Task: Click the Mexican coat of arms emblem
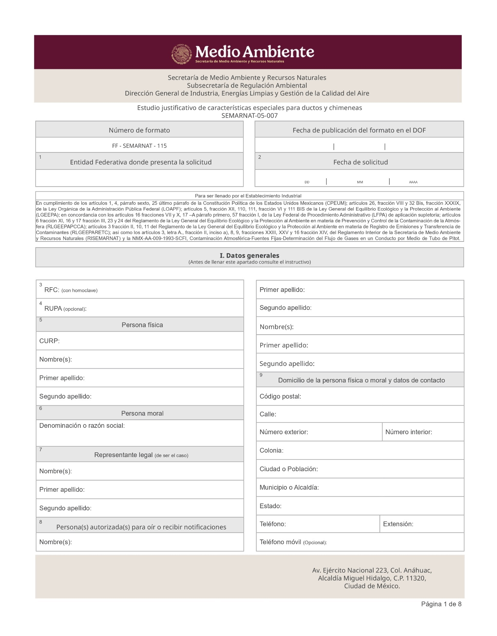point(182,54)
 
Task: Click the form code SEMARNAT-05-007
point(250,116)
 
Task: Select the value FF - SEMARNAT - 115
point(139,146)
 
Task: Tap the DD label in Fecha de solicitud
point(307,182)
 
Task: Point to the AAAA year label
point(413,182)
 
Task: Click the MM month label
point(360,182)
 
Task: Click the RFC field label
point(52,290)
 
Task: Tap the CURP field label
point(49,341)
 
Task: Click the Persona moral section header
point(142,413)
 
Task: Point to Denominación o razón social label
point(82,425)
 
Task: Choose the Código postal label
point(280,396)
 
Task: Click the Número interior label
point(409,432)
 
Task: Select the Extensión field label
point(398,524)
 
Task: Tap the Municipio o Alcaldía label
point(289,487)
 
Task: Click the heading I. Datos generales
point(250,255)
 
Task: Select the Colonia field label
point(271,450)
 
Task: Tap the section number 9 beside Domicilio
point(261,375)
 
